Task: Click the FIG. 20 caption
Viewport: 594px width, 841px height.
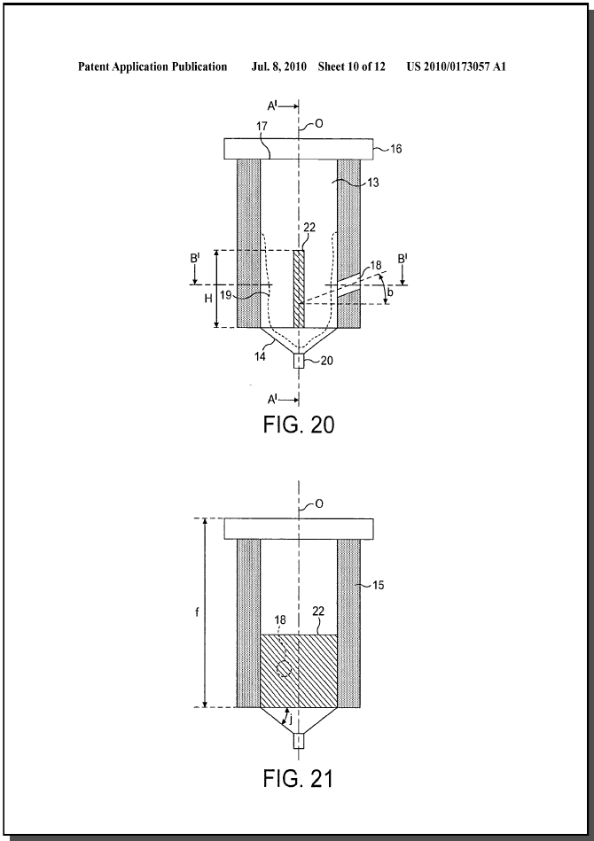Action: pos(299,424)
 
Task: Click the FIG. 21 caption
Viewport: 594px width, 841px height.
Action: pos(299,778)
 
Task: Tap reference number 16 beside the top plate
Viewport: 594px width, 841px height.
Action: pos(395,149)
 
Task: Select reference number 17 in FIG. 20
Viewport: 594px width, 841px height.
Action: pos(262,127)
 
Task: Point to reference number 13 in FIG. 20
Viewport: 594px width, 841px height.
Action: pos(373,183)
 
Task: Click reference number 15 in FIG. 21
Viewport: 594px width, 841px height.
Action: pos(378,585)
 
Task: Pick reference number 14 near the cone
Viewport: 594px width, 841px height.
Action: pos(260,355)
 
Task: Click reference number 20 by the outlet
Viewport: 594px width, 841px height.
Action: pos(326,361)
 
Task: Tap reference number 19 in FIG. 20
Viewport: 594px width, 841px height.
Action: pos(225,294)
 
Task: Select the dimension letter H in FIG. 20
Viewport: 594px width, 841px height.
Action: pos(208,300)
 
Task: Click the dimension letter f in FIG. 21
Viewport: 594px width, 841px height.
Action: pos(197,611)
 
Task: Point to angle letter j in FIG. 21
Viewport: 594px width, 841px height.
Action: pos(291,720)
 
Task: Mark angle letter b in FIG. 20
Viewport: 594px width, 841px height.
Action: pos(389,292)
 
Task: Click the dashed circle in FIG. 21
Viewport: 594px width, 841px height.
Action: pos(284,669)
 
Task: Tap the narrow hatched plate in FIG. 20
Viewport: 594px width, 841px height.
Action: pos(299,289)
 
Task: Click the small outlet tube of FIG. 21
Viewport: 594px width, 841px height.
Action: pos(299,741)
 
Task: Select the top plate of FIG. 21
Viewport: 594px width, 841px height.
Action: pos(299,529)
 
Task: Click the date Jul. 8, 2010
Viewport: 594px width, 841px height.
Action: pos(279,67)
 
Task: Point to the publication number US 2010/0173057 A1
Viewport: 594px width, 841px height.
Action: pos(456,67)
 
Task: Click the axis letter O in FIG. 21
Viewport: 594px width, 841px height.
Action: pos(319,504)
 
